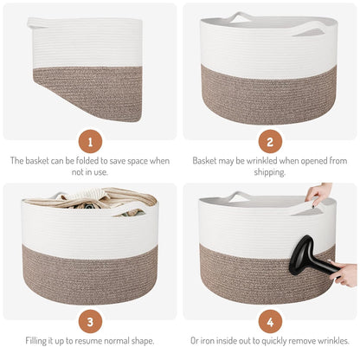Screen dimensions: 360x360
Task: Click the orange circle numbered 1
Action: (x=90, y=142)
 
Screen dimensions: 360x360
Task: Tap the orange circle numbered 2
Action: (x=270, y=142)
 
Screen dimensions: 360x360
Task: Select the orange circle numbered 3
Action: (x=90, y=321)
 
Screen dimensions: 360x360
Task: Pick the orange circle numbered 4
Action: (x=270, y=321)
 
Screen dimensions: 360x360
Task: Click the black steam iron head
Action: (x=301, y=253)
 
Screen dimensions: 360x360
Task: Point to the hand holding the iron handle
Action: (x=344, y=272)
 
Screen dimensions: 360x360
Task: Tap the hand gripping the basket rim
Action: (x=318, y=194)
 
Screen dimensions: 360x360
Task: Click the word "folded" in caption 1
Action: (x=87, y=160)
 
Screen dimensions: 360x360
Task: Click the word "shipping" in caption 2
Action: (x=270, y=172)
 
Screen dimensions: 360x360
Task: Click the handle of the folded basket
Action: (x=37, y=23)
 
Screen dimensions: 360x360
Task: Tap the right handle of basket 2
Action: (x=308, y=29)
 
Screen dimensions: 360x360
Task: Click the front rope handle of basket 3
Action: (x=127, y=209)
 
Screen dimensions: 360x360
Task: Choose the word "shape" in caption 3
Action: (x=142, y=341)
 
